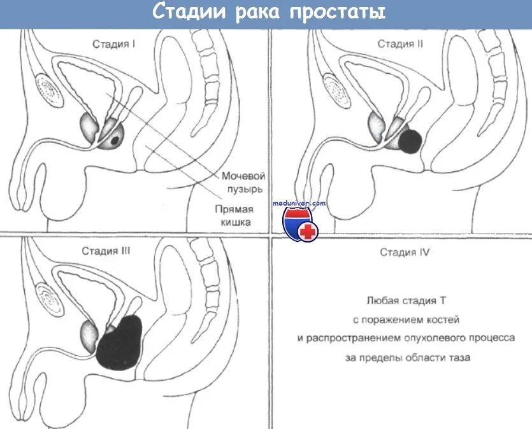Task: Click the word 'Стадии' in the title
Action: [x=188, y=13]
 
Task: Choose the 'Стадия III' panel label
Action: [x=106, y=251]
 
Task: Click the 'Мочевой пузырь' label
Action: [x=243, y=183]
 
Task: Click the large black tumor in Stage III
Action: [x=122, y=343]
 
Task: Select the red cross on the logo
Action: [x=308, y=232]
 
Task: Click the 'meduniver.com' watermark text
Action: [x=299, y=203]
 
